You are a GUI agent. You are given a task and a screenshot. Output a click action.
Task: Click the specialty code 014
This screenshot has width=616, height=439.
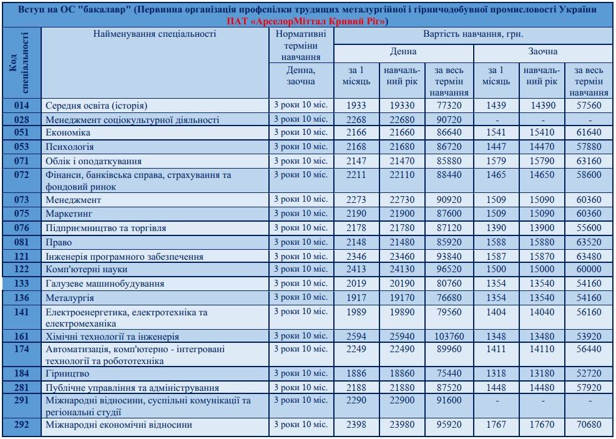click(22, 106)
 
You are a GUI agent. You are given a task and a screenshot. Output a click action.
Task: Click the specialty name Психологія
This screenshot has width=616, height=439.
click(69, 147)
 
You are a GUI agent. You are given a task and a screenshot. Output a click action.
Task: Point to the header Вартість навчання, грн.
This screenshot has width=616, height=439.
click(474, 34)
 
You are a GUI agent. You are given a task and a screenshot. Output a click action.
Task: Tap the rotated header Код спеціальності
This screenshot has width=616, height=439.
click(22, 62)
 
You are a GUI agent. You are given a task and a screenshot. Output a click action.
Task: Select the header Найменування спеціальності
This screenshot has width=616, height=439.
click(155, 34)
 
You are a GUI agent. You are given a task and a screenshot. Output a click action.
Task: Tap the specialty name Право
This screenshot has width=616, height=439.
click(58, 242)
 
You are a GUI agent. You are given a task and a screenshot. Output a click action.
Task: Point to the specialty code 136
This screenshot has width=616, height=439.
click(22, 297)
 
